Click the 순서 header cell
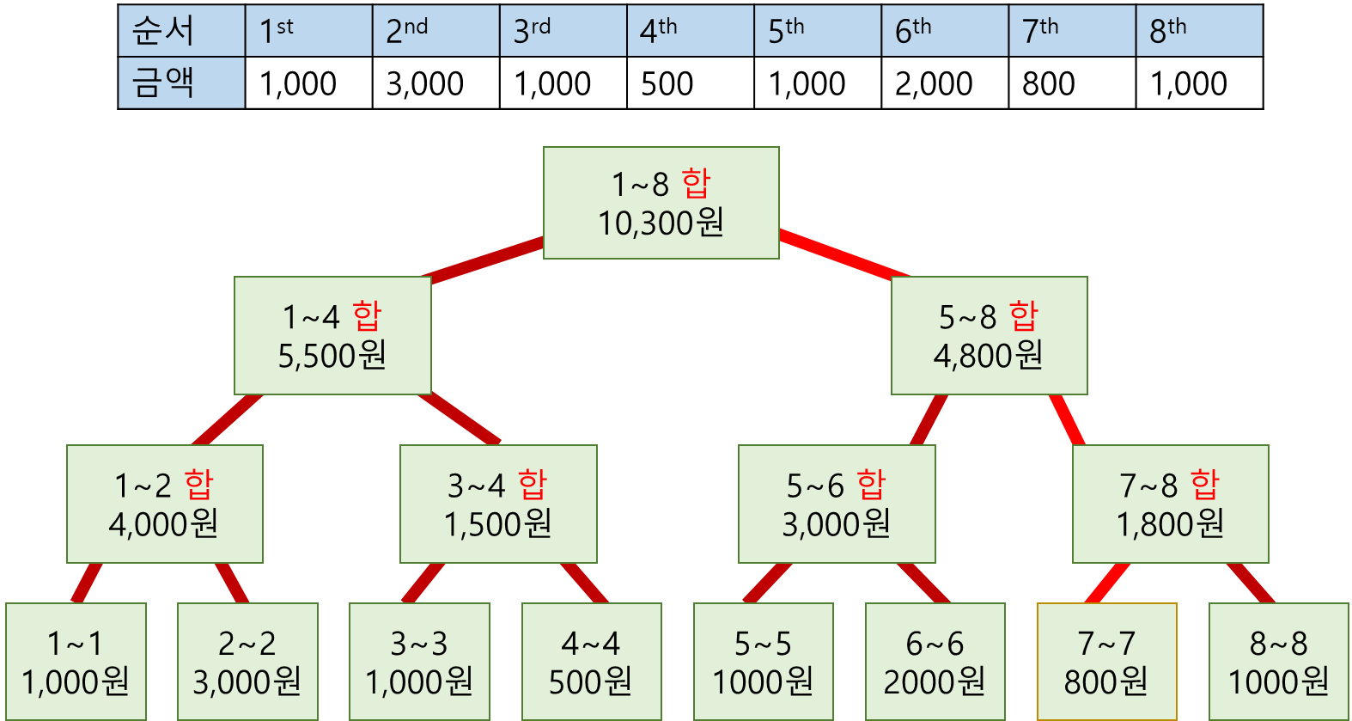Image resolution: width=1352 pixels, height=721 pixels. point(181,31)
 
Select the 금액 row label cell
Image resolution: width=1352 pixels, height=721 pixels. point(181,82)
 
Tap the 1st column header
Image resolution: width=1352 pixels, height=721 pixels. point(308,31)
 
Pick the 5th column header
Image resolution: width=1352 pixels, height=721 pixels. point(817,31)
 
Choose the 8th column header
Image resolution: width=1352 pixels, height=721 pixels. point(1199,31)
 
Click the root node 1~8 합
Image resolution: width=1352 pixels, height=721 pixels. point(661,203)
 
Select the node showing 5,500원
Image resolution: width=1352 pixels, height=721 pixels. point(332,336)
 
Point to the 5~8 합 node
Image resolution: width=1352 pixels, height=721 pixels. point(989,336)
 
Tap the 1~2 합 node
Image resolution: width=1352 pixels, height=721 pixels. point(164,504)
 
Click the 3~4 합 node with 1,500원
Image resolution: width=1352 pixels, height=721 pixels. point(498,504)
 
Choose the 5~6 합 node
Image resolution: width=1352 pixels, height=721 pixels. point(837,504)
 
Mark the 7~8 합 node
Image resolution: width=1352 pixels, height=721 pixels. point(1170,504)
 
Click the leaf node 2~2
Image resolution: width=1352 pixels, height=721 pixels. point(247,662)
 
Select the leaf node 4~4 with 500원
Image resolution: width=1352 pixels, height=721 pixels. point(591,662)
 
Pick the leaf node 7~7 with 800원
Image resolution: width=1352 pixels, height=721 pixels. point(1106,662)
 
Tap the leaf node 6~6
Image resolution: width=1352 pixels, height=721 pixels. point(935,662)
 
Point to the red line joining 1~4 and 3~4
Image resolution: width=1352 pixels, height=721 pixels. point(460,419)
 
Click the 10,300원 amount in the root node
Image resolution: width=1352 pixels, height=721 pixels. point(661,223)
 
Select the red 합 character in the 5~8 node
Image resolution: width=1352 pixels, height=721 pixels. point(1024,316)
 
